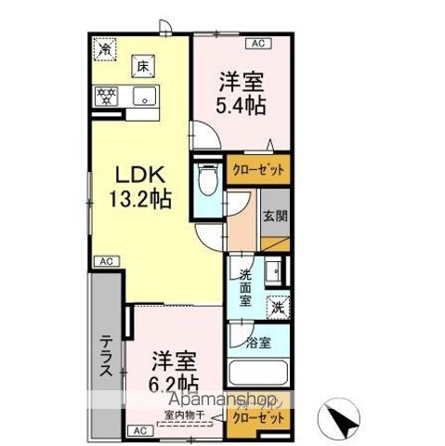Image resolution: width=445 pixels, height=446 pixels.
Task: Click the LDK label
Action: coord(139,174)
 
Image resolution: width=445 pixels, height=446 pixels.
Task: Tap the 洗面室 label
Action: coord(244,287)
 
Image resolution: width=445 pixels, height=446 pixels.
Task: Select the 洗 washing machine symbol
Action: coord(278,306)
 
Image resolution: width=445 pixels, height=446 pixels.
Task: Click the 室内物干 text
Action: coord(184,413)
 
